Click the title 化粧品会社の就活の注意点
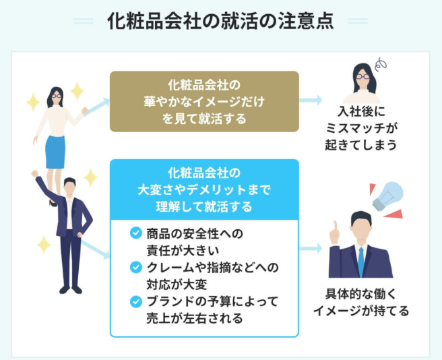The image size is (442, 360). click(x=220, y=21)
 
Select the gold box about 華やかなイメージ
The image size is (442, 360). click(x=204, y=101)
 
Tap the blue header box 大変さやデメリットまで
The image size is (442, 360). click(x=204, y=189)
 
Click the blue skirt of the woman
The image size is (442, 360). click(x=55, y=152)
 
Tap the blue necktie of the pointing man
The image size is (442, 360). click(x=361, y=260)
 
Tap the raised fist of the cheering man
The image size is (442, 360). click(x=35, y=174)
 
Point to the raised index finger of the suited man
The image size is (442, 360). click(x=334, y=227)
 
